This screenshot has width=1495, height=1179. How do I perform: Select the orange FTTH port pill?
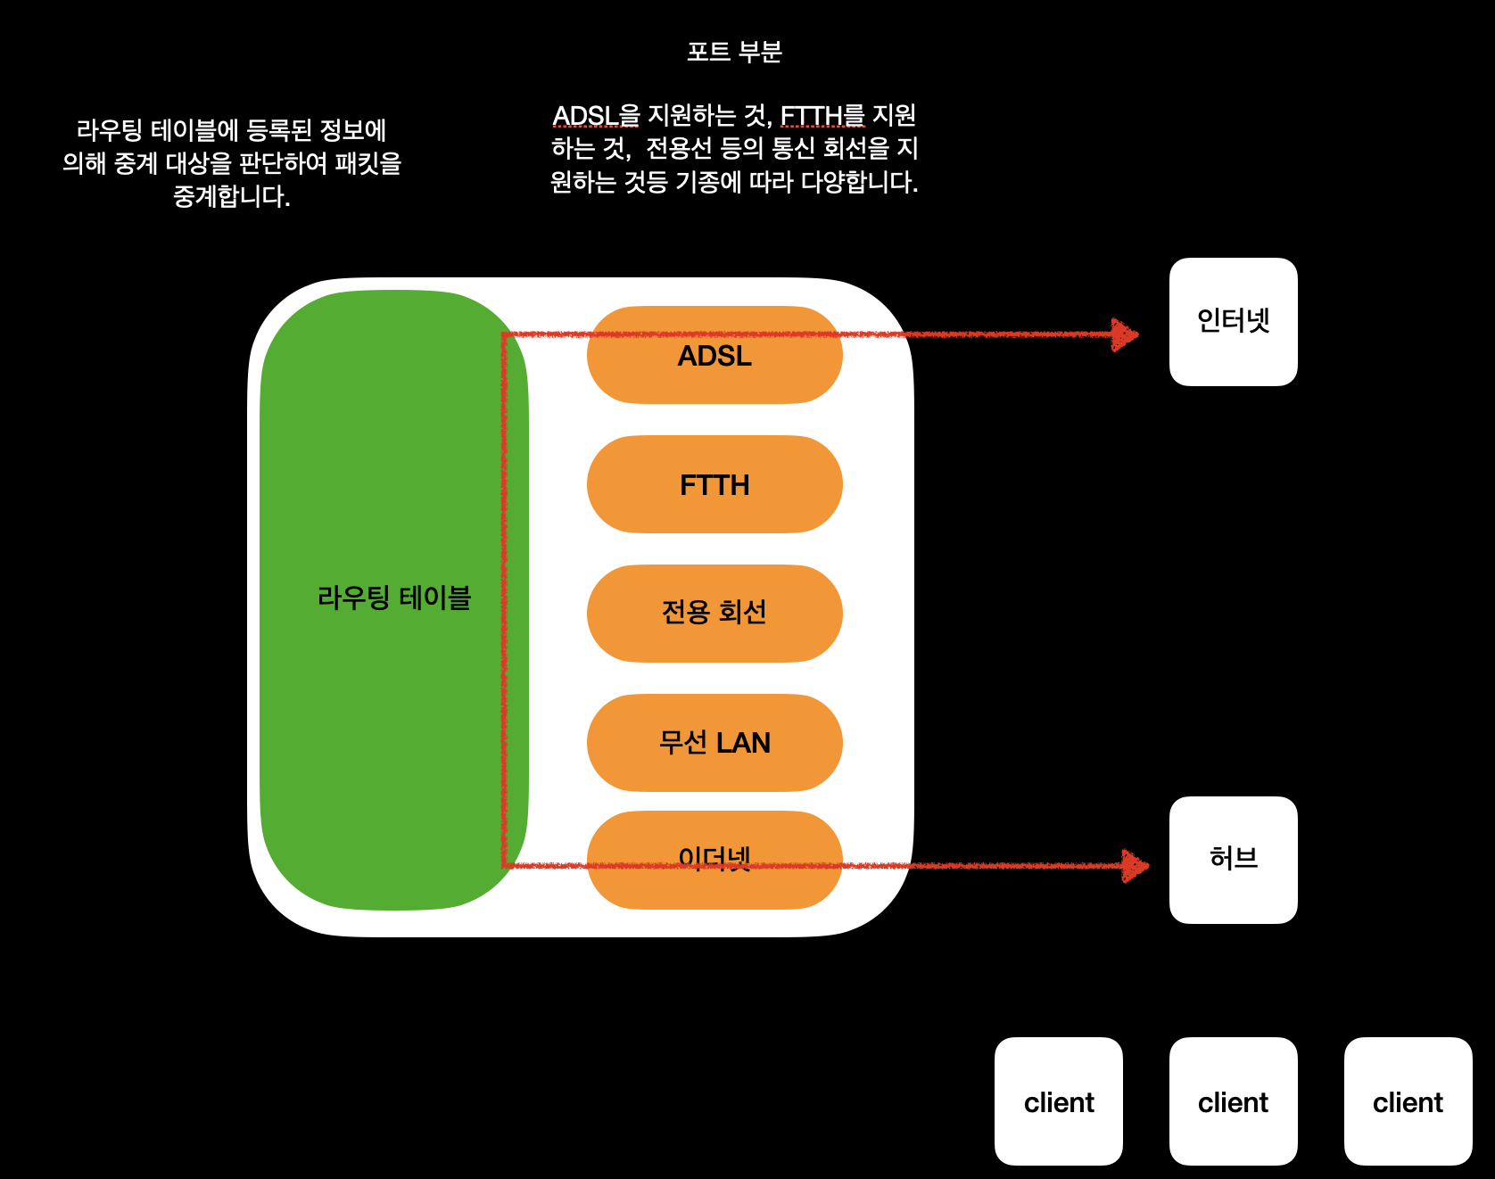tap(714, 484)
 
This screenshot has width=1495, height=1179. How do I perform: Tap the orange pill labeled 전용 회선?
tap(714, 613)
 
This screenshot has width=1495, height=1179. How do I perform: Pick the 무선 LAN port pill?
tap(714, 742)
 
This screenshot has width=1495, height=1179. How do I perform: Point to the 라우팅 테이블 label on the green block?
tap(393, 598)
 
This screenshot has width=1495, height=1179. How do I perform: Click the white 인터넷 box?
tap(1233, 321)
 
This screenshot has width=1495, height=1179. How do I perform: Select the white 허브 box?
tap(1233, 859)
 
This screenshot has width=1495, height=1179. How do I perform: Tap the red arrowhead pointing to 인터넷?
tap(1126, 335)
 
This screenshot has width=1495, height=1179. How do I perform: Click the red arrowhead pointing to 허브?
tap(1136, 865)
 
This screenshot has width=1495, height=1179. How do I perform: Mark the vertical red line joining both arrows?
tap(504, 598)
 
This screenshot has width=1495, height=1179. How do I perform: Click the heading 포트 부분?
tap(734, 52)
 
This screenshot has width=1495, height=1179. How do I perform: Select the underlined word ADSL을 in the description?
tap(595, 116)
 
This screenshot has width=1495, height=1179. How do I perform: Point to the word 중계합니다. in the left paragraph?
tap(232, 196)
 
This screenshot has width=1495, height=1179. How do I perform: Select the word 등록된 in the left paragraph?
tap(278, 130)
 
